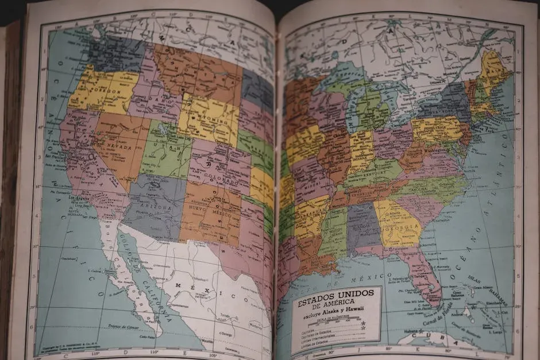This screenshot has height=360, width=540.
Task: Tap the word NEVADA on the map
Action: [x=119, y=146]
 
